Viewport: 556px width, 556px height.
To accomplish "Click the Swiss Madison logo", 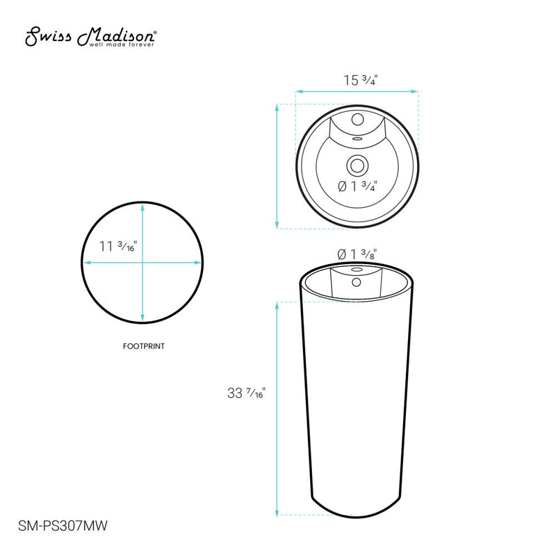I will coord(90,38).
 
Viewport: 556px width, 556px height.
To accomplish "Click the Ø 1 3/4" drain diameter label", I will coord(357,186).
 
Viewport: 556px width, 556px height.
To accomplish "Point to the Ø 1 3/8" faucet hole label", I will coord(357,254).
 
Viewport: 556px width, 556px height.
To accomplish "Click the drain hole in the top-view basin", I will coord(357,165).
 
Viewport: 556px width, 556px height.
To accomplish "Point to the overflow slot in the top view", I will coord(357,138).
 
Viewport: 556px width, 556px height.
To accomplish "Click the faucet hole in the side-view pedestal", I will coord(357,282).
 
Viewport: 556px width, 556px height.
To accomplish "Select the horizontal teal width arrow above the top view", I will coord(357,91).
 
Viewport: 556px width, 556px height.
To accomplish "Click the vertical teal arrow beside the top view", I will coord(278,165).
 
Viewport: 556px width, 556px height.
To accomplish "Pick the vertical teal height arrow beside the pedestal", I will coord(278,408).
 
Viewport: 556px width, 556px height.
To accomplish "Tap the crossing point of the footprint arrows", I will coord(142,263).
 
